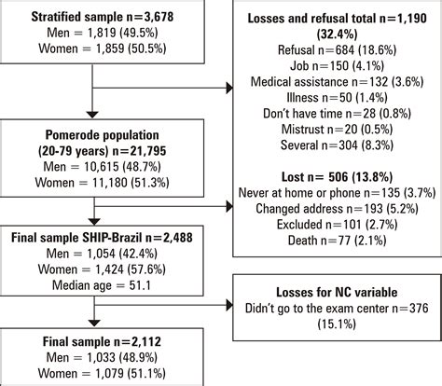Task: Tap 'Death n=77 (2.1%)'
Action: point(337,240)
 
